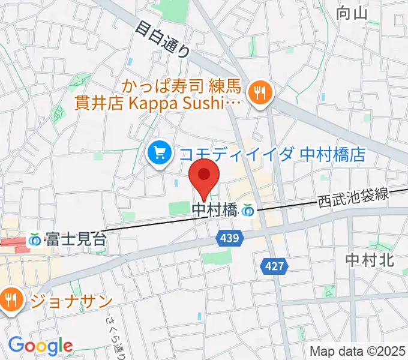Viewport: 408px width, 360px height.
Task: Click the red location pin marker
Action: (204, 175)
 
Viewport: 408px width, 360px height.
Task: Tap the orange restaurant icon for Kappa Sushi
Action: (260, 92)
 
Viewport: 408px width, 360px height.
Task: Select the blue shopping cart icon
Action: (159, 154)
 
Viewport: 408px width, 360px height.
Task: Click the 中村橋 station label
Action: (214, 210)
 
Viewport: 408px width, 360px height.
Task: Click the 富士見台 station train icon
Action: (37, 239)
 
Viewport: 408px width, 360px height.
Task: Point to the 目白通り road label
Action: (162, 39)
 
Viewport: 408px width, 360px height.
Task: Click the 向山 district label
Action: (350, 13)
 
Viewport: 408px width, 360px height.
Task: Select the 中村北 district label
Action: (369, 260)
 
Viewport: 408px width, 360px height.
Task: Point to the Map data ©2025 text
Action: (358, 352)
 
